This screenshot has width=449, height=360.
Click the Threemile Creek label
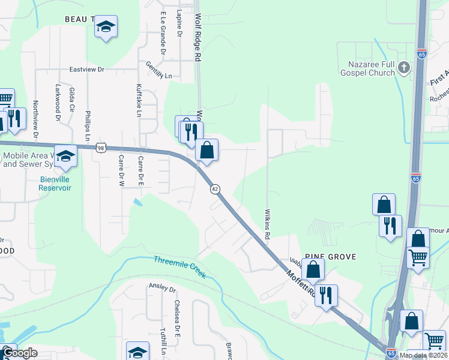pos(179,267)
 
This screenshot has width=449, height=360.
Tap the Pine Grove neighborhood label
pos(330,257)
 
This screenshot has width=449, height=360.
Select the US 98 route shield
pos(100,148)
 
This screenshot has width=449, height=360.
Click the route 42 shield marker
pos(214,189)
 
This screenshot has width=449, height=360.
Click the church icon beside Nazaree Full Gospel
pos(403,68)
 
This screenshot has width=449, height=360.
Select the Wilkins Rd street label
pos(267,222)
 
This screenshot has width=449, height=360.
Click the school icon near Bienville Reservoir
pos(65,156)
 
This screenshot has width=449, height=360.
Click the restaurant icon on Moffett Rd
pos(327,295)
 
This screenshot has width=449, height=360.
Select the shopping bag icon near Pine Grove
pos(313,269)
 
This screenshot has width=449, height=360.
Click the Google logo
pos(19,353)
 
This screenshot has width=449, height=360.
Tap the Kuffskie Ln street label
pos(139,100)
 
